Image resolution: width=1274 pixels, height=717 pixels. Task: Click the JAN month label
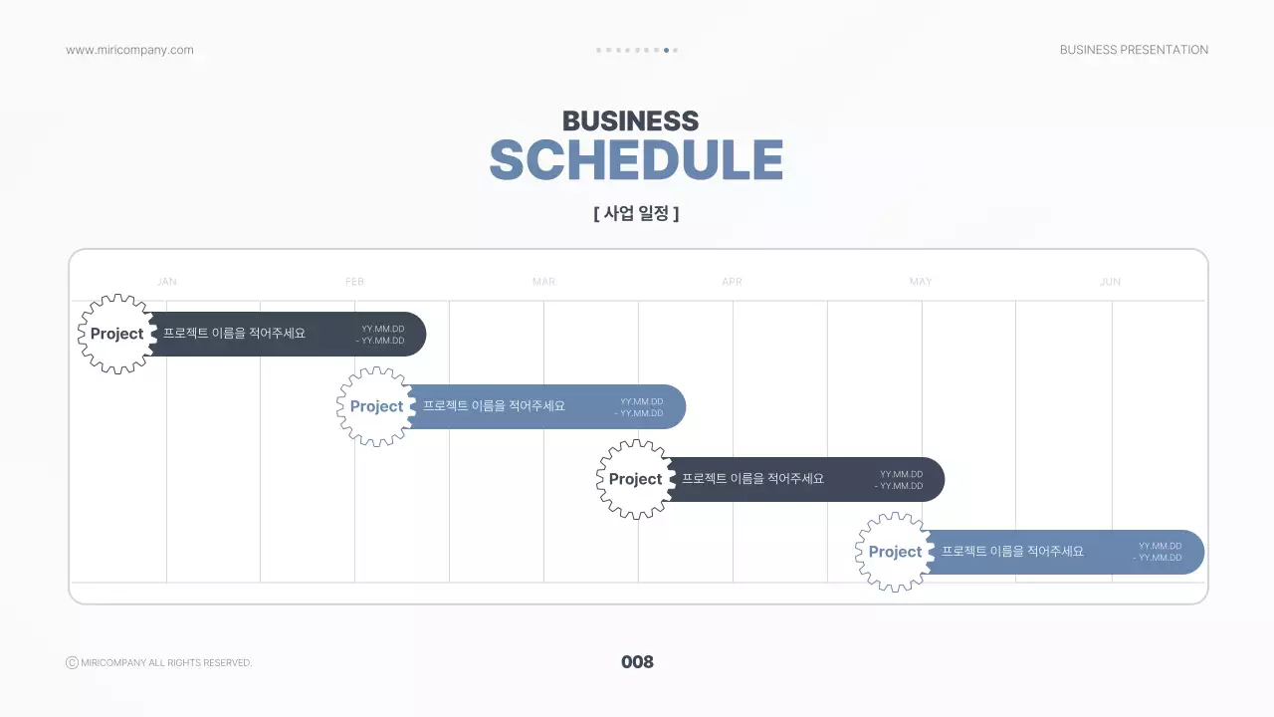point(166,282)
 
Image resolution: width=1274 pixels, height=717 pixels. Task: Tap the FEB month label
point(354,282)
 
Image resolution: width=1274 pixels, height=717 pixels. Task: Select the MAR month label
point(543,282)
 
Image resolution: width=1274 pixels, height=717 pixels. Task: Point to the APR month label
point(732,282)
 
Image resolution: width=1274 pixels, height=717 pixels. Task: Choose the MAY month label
point(921,282)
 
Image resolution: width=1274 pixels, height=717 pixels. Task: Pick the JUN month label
point(1110,282)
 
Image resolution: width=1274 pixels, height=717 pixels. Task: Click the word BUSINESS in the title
point(631,120)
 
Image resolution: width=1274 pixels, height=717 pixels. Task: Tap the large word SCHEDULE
point(636,160)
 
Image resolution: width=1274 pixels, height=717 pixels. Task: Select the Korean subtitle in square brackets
point(636,213)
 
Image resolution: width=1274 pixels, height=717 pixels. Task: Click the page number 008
point(637,662)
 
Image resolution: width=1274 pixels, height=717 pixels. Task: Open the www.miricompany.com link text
point(129,50)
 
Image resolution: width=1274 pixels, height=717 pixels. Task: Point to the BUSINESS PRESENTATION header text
point(1134,50)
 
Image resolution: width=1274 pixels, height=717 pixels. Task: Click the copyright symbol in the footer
point(72,662)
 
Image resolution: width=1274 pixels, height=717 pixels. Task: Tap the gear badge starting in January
point(117,334)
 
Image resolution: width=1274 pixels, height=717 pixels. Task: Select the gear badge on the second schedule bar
point(376,407)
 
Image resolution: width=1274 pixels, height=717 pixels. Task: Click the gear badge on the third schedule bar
point(636,479)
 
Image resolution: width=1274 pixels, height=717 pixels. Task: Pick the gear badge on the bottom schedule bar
point(895,552)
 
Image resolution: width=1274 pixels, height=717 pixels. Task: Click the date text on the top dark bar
point(380,335)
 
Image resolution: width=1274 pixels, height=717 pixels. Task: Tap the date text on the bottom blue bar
point(1158,552)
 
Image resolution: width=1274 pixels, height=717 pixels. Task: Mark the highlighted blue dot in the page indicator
point(666,50)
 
